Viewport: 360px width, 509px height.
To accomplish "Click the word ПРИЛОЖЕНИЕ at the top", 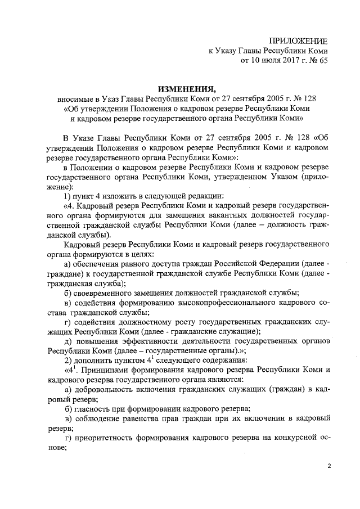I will coord(298,40).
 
